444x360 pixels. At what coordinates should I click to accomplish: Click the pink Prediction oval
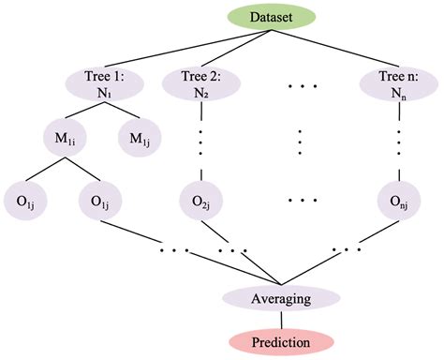(280, 340)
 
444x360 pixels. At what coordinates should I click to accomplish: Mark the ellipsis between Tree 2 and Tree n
(302, 86)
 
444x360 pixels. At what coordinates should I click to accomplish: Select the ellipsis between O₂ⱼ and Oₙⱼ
(302, 200)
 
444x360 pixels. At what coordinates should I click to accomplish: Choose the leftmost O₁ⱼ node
(20, 200)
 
